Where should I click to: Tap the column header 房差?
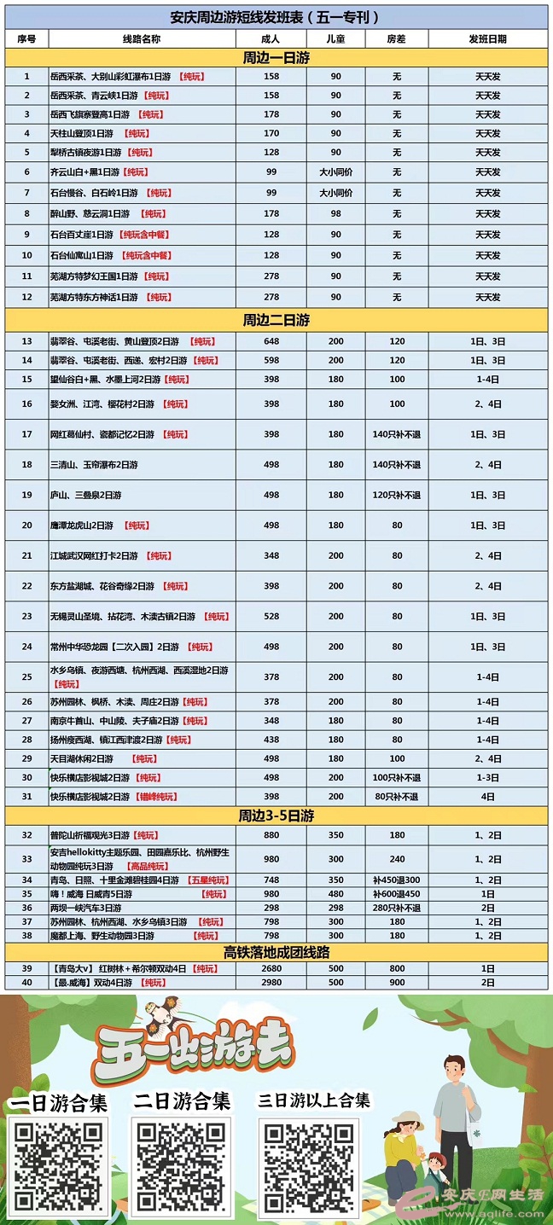(396, 39)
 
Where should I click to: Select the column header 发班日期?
(487, 39)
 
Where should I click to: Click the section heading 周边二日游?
(276, 320)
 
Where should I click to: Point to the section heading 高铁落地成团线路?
(276, 952)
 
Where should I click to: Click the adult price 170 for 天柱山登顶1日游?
(271, 133)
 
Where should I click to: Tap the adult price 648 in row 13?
(271, 341)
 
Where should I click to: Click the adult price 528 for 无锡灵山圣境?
(271, 617)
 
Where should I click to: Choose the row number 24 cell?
(26, 647)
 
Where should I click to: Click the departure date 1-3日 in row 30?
(487, 778)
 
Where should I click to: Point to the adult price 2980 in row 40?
(271, 983)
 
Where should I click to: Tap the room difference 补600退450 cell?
(396, 894)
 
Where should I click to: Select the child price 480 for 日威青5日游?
(335, 894)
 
